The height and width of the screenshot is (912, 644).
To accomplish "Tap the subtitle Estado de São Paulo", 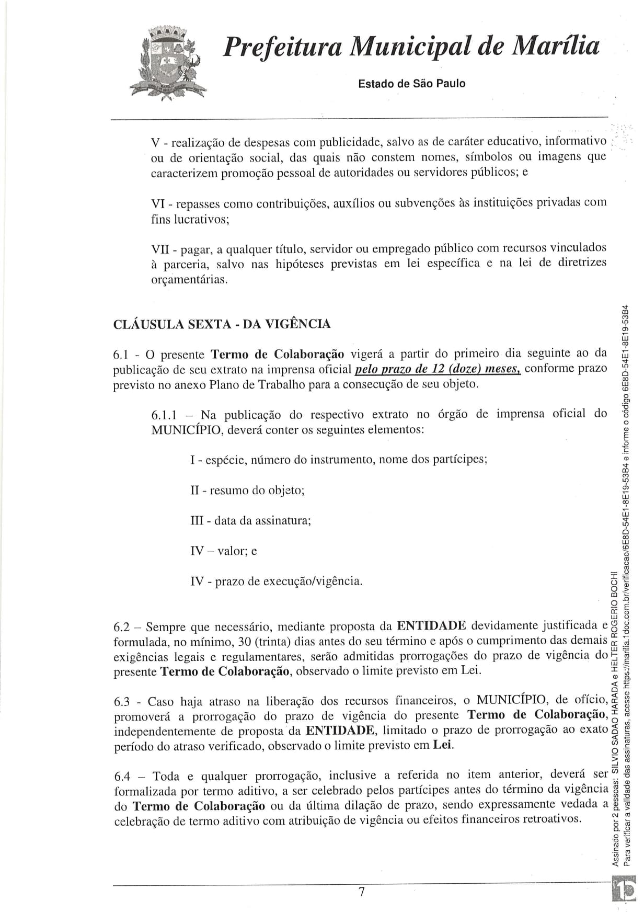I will (x=411, y=84).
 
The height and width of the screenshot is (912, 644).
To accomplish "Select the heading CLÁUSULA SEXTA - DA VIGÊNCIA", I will (x=222, y=324).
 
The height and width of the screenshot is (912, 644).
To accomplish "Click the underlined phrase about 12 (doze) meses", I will (x=438, y=369).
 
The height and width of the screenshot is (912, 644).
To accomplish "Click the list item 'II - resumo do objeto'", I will (x=247, y=491).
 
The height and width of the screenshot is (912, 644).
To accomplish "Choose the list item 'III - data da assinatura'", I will (x=250, y=521).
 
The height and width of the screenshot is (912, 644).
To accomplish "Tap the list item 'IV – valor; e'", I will (x=223, y=551).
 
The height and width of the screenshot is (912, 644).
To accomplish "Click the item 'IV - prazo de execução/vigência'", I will (x=276, y=581).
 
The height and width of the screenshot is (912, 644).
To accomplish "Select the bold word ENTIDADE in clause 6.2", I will (x=432, y=626).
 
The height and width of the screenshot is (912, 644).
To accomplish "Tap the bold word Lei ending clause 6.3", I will (x=443, y=745).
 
